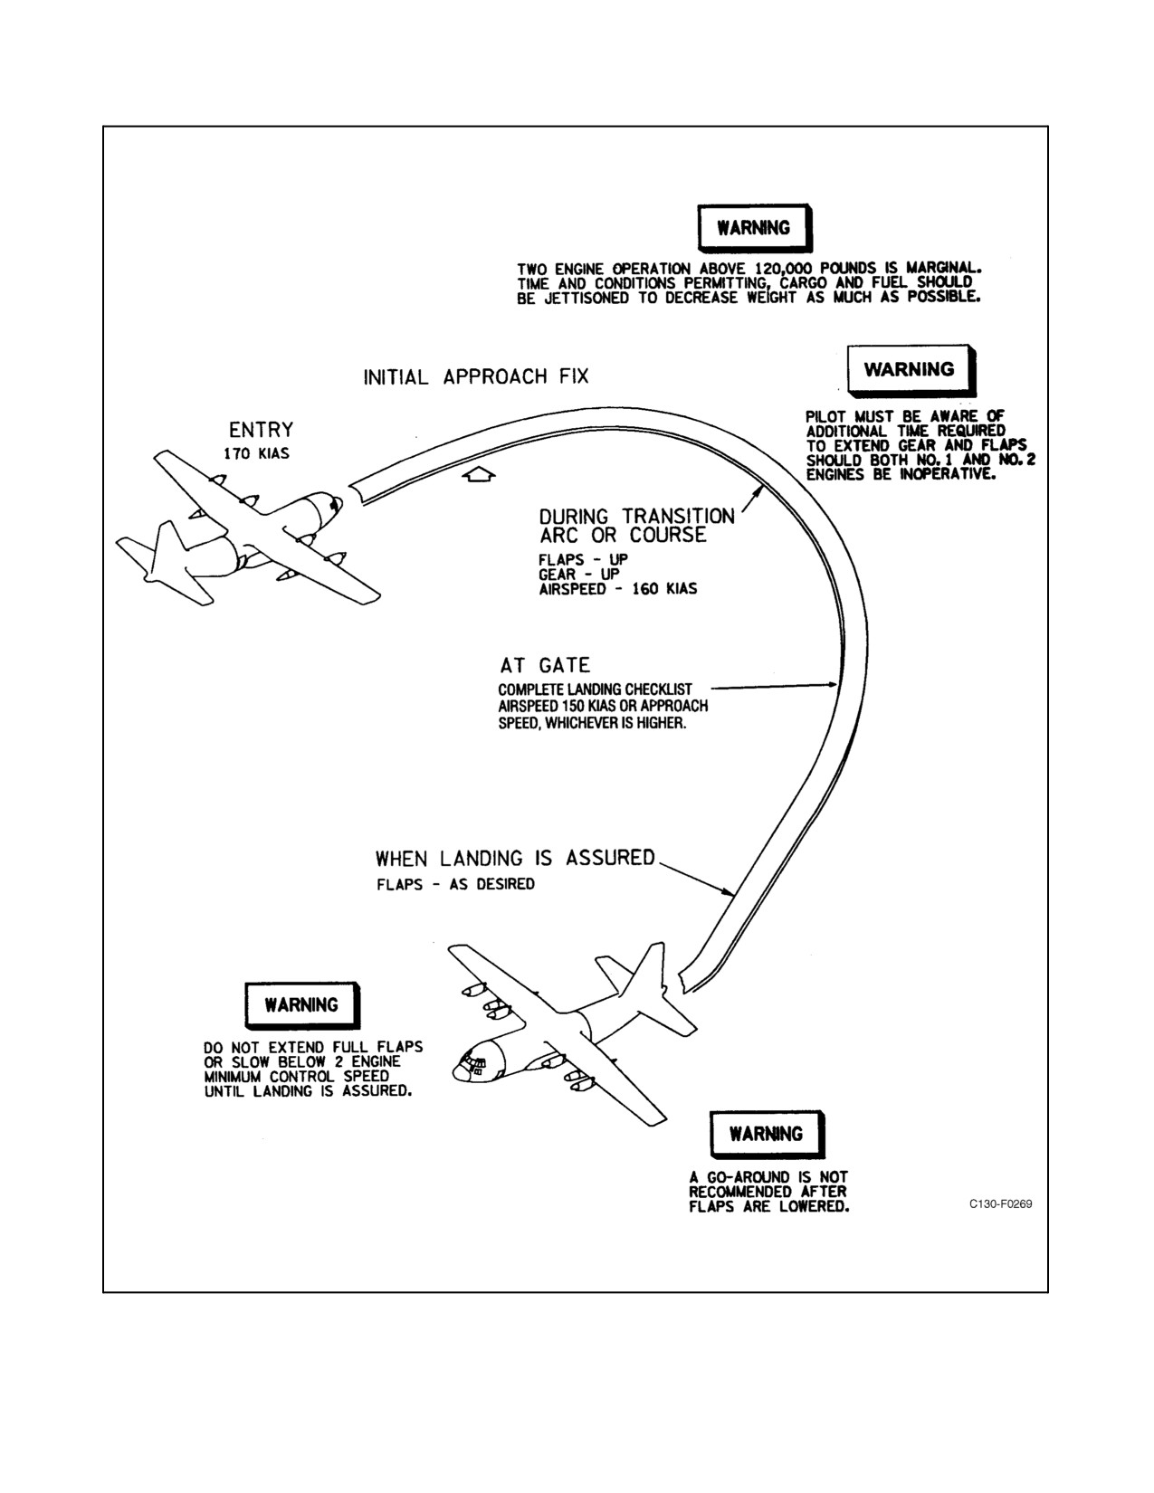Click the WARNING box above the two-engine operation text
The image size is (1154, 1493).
click(x=755, y=228)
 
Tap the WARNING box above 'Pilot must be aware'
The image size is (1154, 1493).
click(x=911, y=370)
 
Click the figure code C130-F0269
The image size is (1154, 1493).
click(x=1001, y=1204)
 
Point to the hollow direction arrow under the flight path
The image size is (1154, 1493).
click(x=480, y=475)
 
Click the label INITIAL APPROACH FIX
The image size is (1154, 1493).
click(x=475, y=376)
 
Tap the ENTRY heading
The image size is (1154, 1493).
click(x=262, y=430)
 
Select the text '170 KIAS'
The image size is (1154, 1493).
click(x=256, y=454)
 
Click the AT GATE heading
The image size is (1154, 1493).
click(x=545, y=665)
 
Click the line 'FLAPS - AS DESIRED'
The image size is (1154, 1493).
click(x=455, y=884)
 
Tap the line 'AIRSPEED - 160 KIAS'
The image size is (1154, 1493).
click(x=618, y=589)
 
